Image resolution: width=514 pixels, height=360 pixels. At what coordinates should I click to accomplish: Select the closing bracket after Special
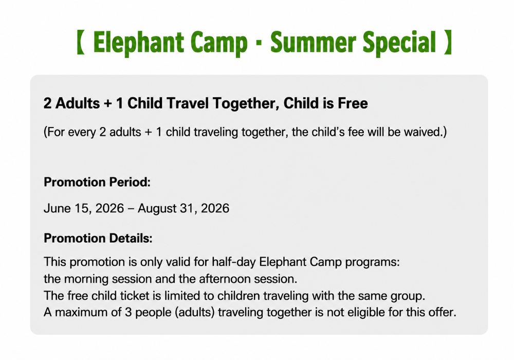click(448, 42)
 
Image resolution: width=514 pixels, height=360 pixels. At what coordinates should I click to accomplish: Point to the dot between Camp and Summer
click(259, 43)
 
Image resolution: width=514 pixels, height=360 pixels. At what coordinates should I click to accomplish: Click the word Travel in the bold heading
click(188, 103)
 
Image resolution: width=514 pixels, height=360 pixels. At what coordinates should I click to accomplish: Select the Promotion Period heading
click(97, 182)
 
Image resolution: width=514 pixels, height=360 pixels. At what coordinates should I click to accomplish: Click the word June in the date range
click(57, 208)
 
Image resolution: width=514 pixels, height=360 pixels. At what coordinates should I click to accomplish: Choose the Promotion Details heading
click(98, 238)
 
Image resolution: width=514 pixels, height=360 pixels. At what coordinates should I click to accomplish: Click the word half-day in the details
click(234, 262)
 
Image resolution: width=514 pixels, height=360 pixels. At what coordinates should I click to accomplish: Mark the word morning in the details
click(86, 279)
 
